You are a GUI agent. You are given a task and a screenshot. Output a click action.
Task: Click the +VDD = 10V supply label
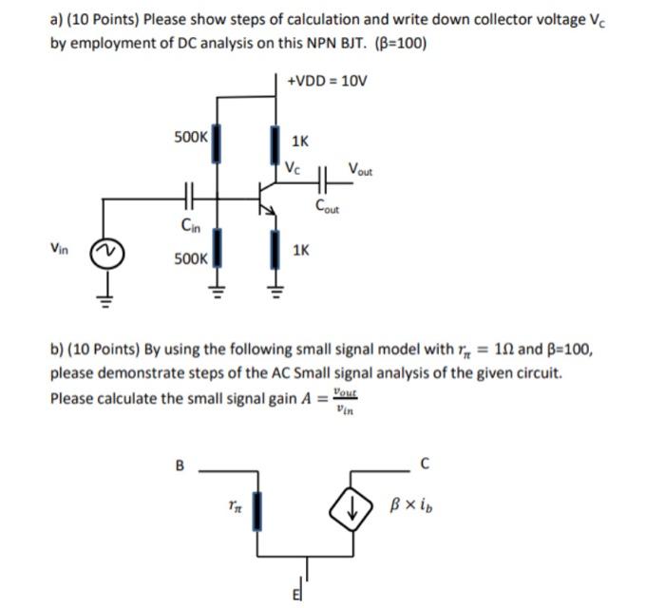click(326, 81)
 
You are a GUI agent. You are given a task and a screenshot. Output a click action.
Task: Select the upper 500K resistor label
click(190, 137)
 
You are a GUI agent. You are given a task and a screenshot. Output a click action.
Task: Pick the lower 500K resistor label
click(190, 257)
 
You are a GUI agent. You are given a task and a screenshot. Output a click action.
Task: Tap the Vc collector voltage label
click(294, 169)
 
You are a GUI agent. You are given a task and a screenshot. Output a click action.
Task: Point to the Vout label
click(361, 170)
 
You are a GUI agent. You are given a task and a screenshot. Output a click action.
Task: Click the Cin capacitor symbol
click(188, 199)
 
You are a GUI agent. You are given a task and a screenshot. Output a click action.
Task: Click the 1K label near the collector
click(299, 142)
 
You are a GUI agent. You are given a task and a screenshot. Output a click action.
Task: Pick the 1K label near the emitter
click(299, 251)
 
